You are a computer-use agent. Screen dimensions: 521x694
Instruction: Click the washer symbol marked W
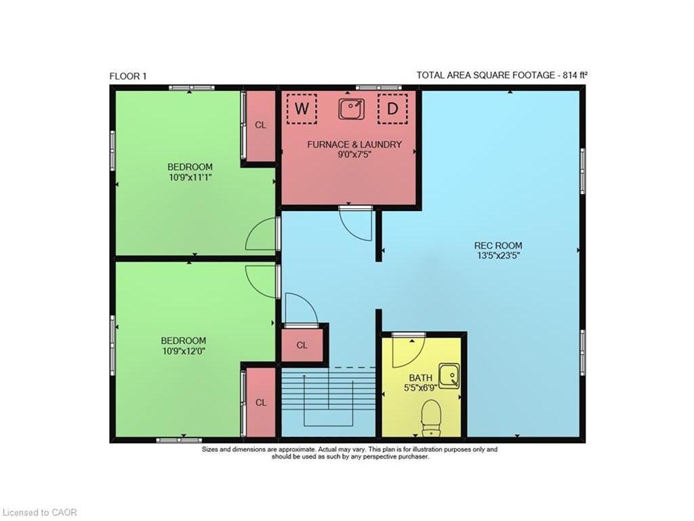302,109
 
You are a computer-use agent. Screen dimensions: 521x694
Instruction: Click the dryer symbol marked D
392,109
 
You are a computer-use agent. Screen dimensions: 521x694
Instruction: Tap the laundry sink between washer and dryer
351,109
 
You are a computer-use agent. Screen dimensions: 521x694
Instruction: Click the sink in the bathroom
449,376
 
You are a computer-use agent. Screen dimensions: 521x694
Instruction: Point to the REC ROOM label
498,246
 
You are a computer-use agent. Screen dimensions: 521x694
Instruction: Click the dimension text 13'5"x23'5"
498,256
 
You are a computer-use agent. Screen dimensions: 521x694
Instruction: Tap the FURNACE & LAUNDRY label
354,144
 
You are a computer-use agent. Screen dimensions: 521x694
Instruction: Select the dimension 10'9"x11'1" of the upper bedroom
190,177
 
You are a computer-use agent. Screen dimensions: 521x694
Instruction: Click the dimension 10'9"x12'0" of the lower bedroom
183,351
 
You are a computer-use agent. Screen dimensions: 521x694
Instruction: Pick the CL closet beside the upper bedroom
260,126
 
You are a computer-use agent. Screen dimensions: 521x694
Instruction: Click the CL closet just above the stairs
302,345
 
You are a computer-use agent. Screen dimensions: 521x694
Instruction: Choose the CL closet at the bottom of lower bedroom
261,402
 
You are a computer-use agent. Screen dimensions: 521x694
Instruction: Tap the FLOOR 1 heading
128,76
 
